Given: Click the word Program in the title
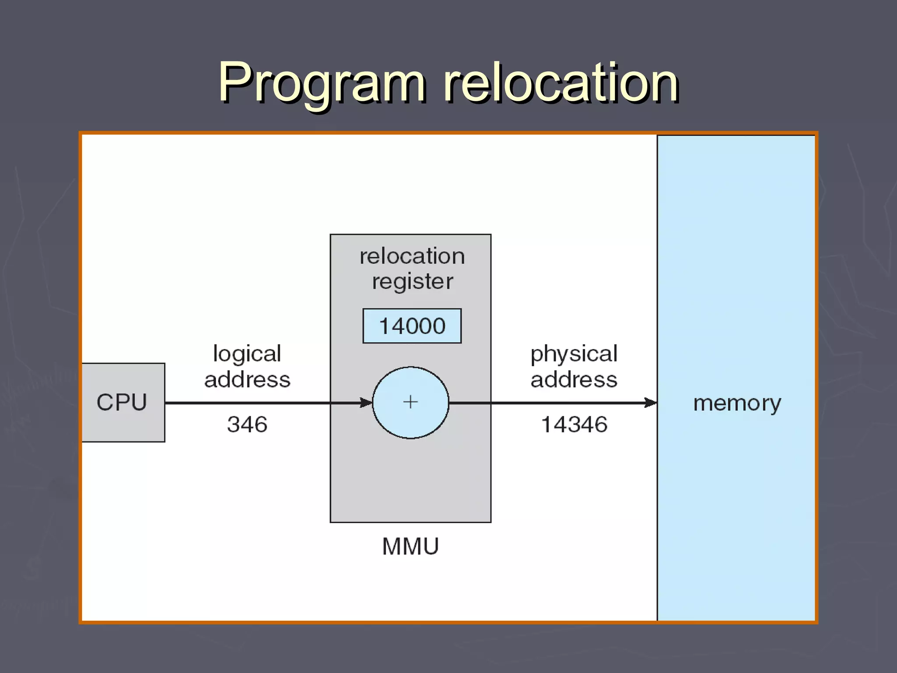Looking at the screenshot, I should (x=322, y=83).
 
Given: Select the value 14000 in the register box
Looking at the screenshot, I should (x=412, y=326).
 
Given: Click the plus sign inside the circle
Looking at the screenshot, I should (x=410, y=402).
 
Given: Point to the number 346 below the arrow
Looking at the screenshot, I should (x=247, y=424).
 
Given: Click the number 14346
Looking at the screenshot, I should (x=574, y=424).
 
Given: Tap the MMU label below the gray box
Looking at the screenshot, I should (x=410, y=546).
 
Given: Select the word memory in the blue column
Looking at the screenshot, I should (x=737, y=403).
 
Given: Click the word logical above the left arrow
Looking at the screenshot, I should (x=247, y=353).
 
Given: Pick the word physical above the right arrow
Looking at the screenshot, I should (x=574, y=353).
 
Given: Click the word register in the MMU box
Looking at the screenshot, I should (x=412, y=281).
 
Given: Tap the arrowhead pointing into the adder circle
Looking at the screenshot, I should (x=366, y=402).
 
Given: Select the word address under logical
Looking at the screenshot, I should (x=247, y=379).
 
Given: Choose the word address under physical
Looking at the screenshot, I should (x=574, y=379).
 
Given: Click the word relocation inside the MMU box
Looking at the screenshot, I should (x=412, y=256).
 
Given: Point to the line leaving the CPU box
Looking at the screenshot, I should (x=245, y=402).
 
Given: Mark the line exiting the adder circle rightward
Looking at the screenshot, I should (x=547, y=402).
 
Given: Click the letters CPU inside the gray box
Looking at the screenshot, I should (x=122, y=402).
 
